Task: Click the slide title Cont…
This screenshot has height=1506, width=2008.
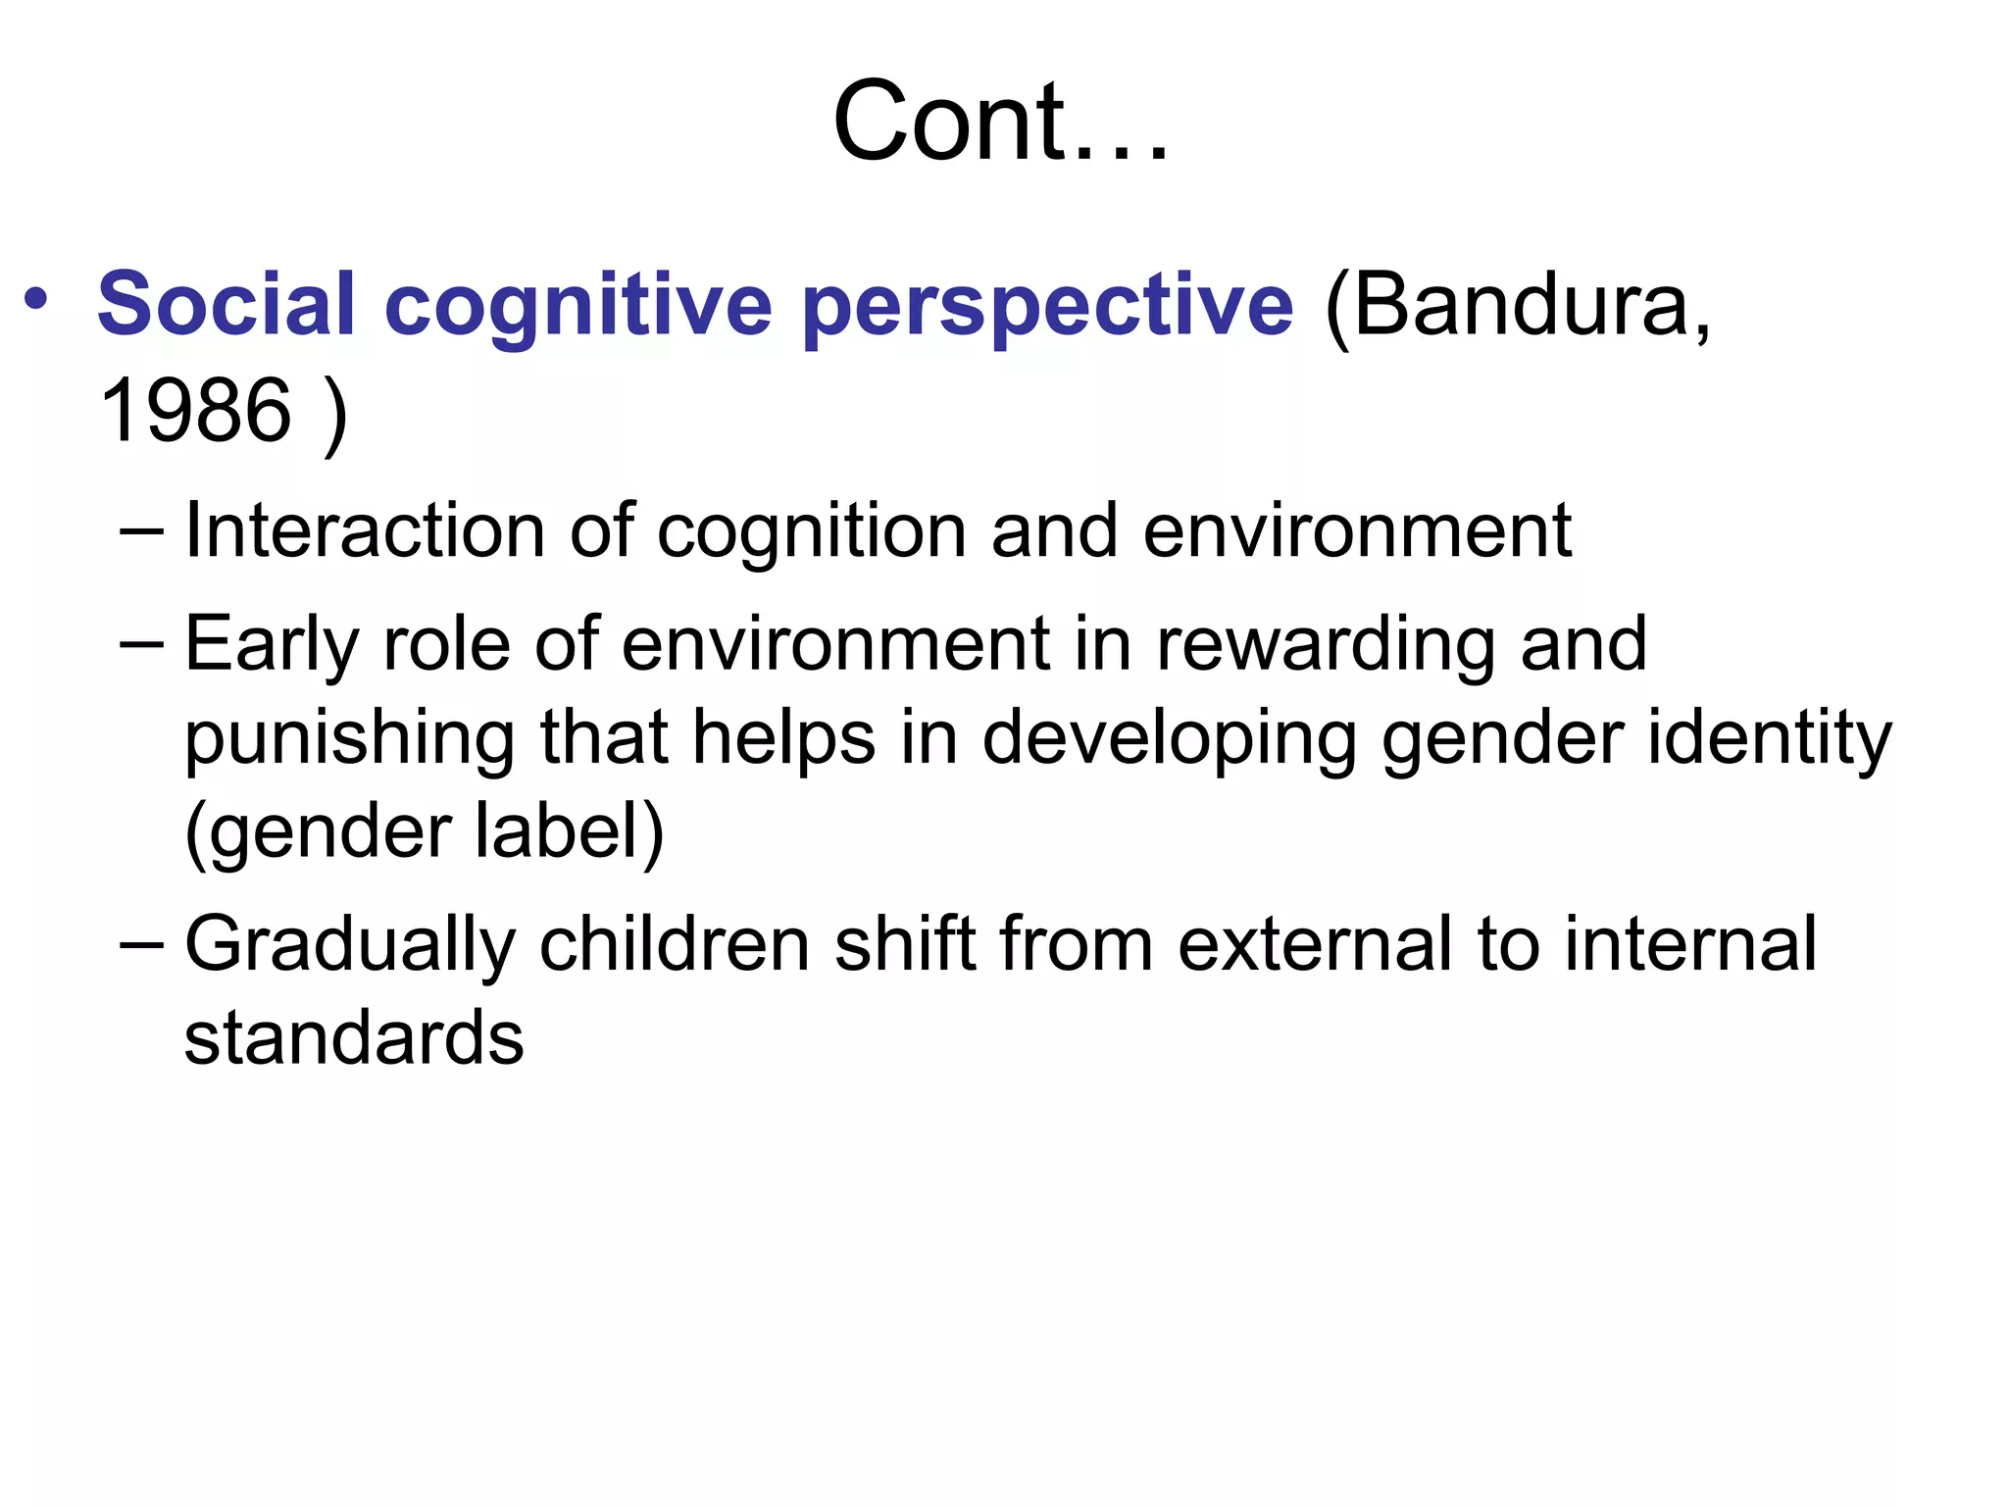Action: click(x=1001, y=122)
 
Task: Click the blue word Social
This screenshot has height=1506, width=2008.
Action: click(x=226, y=304)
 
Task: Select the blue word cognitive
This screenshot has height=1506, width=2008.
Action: click(x=579, y=304)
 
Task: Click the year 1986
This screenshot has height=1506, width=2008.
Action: click(x=196, y=410)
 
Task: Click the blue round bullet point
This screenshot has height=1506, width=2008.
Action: click(x=36, y=299)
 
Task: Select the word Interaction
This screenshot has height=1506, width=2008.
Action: click(x=364, y=530)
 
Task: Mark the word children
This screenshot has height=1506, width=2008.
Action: click(x=675, y=944)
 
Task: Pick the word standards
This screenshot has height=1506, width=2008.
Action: click(x=354, y=1037)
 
